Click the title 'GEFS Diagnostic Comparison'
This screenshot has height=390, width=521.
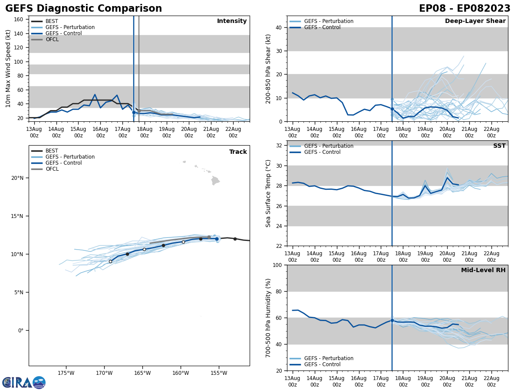click(x=83, y=9)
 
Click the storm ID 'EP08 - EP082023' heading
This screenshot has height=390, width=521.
click(x=465, y=9)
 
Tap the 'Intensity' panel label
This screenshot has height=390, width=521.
click(x=232, y=21)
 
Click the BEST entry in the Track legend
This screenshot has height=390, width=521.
click(x=52, y=151)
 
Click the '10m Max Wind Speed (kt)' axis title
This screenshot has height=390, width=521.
click(x=8, y=68)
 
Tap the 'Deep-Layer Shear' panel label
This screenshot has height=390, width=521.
click(x=475, y=21)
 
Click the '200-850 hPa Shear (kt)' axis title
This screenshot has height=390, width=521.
click(x=268, y=68)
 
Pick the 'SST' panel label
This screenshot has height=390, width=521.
click(x=499, y=146)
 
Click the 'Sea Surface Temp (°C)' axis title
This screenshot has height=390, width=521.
click(x=268, y=193)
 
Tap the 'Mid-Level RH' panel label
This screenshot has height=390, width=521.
click(x=483, y=270)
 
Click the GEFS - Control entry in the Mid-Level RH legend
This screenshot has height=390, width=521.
click(x=322, y=364)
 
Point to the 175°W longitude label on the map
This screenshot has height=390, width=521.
click(x=66, y=373)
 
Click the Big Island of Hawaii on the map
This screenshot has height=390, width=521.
click(x=215, y=180)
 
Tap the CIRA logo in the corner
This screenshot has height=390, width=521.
click(x=23, y=382)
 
